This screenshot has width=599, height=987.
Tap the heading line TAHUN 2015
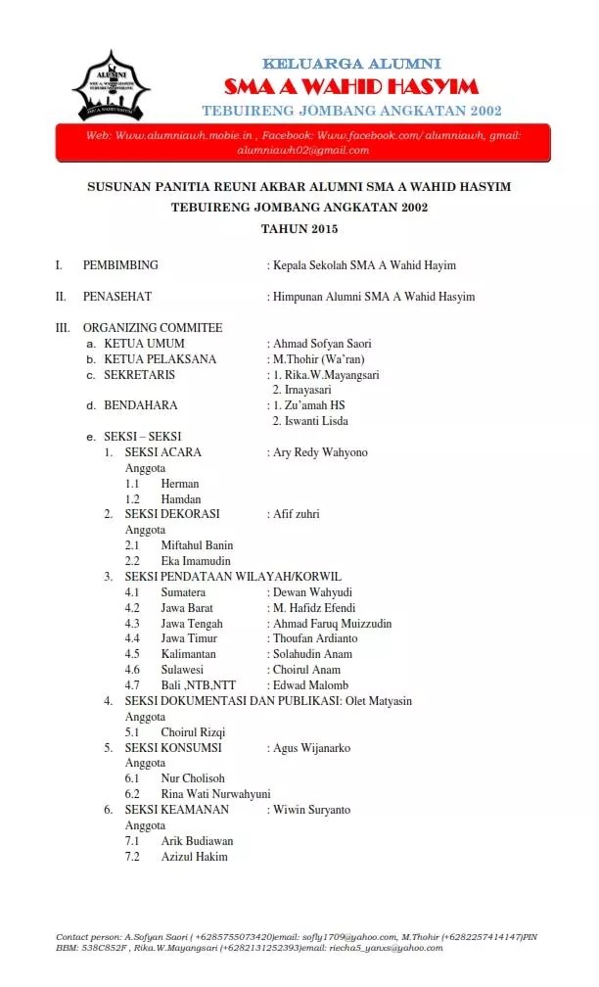299,229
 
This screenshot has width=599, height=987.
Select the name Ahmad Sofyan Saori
322,344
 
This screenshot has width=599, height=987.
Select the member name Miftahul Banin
198,545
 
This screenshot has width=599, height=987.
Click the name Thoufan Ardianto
315,638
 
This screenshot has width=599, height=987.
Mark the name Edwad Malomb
310,685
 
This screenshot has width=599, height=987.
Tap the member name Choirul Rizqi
194,732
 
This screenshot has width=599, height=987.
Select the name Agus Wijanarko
311,748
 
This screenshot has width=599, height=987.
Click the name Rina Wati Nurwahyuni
216,794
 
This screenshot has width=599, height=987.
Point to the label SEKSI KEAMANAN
177,810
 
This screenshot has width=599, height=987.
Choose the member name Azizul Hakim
195,857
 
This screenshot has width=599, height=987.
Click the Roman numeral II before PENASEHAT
61,297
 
